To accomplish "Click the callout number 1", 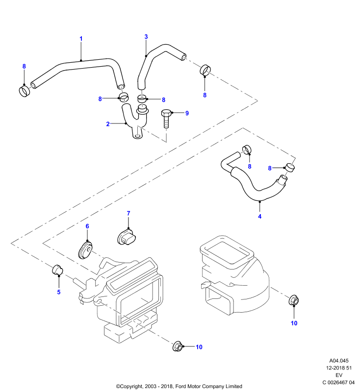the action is (x=81, y=39).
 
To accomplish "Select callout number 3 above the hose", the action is (x=146, y=37).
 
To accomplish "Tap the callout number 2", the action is (x=108, y=124).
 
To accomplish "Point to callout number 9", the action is (x=187, y=113).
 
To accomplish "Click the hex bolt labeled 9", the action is (x=166, y=119).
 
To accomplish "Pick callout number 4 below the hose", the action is (x=259, y=216).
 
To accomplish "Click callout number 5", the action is (x=59, y=292).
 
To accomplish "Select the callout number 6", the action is (x=87, y=226).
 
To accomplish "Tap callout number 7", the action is (x=129, y=213).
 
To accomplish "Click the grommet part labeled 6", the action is (x=85, y=250).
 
